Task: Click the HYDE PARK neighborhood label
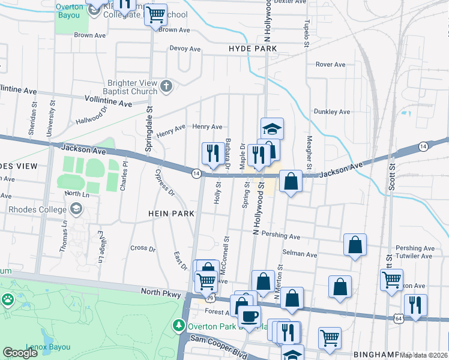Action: click(x=252, y=49)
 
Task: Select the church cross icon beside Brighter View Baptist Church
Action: click(x=167, y=88)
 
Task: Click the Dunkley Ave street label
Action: click(x=331, y=112)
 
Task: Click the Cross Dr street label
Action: click(x=143, y=248)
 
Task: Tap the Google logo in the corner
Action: click(x=20, y=353)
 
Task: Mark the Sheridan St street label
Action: click(x=34, y=122)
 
